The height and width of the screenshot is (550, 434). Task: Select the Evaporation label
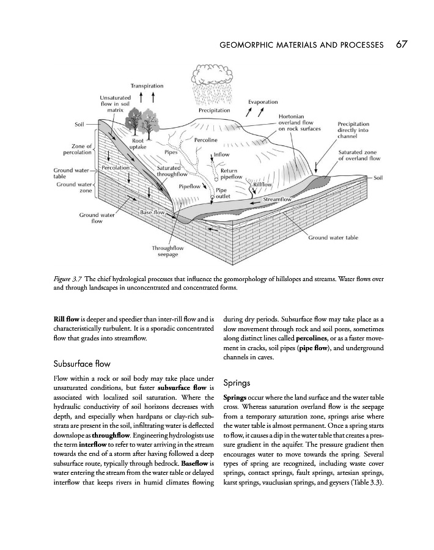(263, 101)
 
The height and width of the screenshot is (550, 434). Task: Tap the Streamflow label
(278, 199)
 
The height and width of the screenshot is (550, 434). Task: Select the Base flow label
(153, 211)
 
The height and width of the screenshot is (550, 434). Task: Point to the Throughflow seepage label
(167, 251)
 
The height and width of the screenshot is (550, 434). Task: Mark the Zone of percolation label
(77, 148)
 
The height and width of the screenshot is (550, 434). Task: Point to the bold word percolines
(315, 338)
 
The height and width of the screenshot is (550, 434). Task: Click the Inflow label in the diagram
(221, 155)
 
